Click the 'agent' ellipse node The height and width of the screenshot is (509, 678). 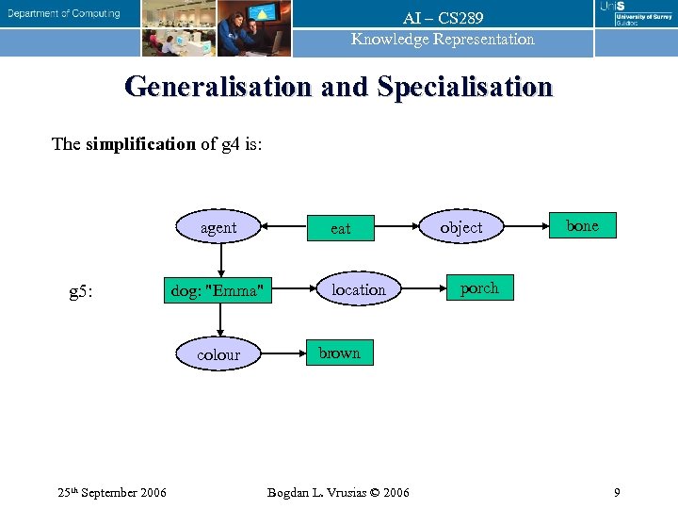pyautogui.click(x=218, y=227)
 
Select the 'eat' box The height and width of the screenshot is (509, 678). pyautogui.click(x=340, y=228)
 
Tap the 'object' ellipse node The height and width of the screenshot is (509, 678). pyautogui.click(x=460, y=227)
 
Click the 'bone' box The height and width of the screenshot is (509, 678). pyautogui.click(x=582, y=225)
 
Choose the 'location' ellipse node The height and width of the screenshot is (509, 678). pyautogui.click(x=358, y=289)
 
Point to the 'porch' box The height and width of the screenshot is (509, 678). pyautogui.click(x=479, y=287)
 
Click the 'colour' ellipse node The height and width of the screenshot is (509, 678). pyautogui.click(x=218, y=354)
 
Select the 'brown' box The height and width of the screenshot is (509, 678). pyautogui.click(x=339, y=353)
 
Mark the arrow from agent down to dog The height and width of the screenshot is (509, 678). pyautogui.click(x=219, y=259)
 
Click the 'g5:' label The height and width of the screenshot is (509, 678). pyautogui.click(x=81, y=291)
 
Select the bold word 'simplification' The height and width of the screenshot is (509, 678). pyautogui.click(x=139, y=144)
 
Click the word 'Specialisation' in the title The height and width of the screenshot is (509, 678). pyautogui.click(x=465, y=87)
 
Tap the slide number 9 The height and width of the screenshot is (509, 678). pyautogui.click(x=616, y=492)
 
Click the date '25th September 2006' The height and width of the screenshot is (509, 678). pyautogui.click(x=112, y=492)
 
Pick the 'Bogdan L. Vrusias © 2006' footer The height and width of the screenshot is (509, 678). pyautogui.click(x=338, y=492)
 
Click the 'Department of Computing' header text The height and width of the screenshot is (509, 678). pyautogui.click(x=64, y=13)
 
